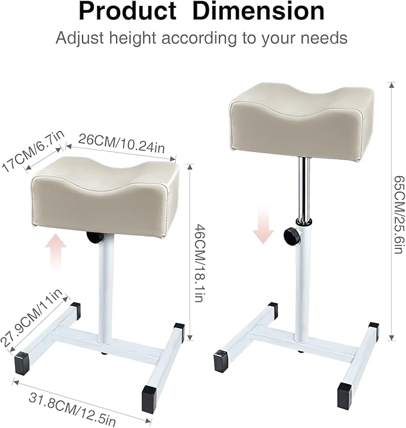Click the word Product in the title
(x=127, y=12)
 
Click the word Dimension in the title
(x=258, y=12)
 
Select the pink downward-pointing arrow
(x=262, y=226)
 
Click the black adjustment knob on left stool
(x=94, y=237)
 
